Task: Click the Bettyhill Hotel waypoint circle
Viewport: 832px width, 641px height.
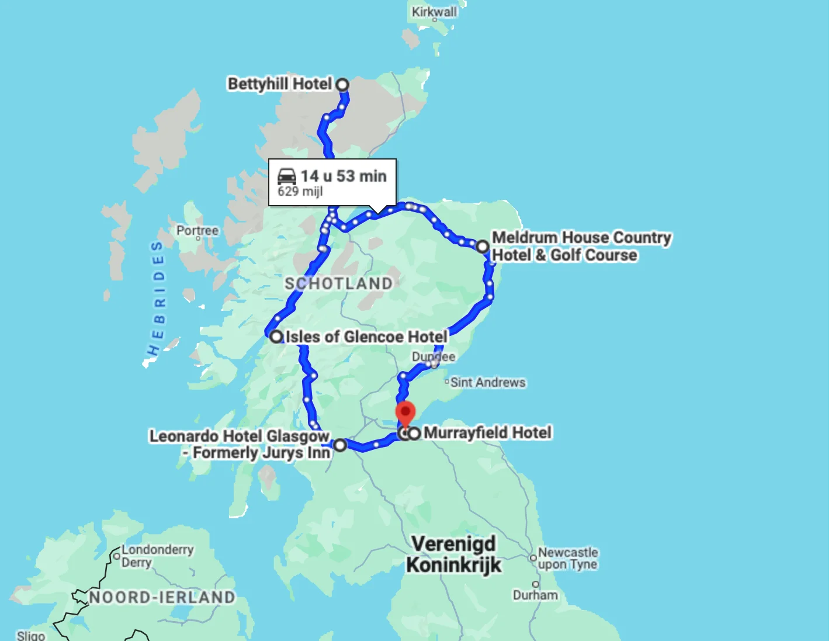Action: click(x=342, y=85)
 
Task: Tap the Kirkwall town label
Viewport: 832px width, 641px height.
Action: click(x=434, y=12)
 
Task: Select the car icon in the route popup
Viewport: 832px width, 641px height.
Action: click(x=287, y=176)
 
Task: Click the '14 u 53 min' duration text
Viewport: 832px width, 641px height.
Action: click(x=344, y=176)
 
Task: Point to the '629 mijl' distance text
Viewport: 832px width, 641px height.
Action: click(x=300, y=192)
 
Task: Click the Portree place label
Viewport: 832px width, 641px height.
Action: click(x=197, y=231)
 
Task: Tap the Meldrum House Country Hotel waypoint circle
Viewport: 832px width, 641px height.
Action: click(x=482, y=247)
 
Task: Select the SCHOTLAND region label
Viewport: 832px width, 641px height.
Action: click(x=339, y=283)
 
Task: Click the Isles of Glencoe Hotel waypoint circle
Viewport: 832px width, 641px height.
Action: click(x=276, y=337)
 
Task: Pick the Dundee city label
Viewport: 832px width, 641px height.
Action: click(x=433, y=356)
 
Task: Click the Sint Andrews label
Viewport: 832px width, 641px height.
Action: click(x=488, y=383)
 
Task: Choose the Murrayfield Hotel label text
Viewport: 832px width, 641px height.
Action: click(x=487, y=433)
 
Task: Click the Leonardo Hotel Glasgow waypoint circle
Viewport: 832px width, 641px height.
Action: click(x=340, y=445)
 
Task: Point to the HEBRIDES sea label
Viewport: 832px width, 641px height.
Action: click(x=157, y=298)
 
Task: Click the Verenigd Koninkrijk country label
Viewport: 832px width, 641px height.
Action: click(x=453, y=555)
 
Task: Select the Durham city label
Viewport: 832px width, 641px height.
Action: click(x=535, y=595)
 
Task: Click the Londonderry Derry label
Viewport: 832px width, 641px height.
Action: click(x=157, y=556)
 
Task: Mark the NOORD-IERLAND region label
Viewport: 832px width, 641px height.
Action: click(x=162, y=597)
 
